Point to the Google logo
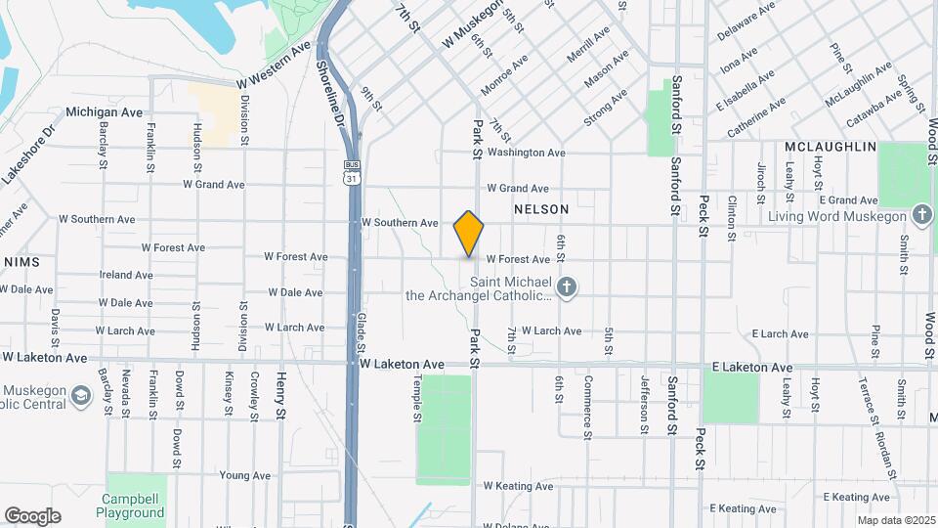(x=32, y=515)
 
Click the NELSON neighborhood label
(x=540, y=209)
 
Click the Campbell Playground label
(x=131, y=506)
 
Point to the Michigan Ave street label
(x=105, y=112)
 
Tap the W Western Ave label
(x=265, y=66)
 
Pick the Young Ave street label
(x=244, y=475)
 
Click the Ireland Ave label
(x=126, y=275)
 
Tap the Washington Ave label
(x=526, y=153)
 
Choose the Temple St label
(x=416, y=402)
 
